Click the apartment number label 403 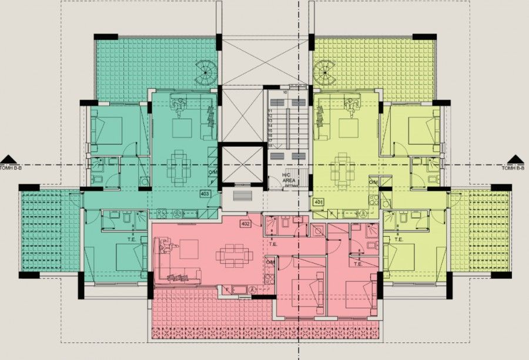205,193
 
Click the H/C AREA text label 287,177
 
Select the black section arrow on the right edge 515,159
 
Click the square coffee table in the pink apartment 189,249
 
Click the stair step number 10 285,92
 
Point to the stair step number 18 270,144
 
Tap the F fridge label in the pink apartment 227,288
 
